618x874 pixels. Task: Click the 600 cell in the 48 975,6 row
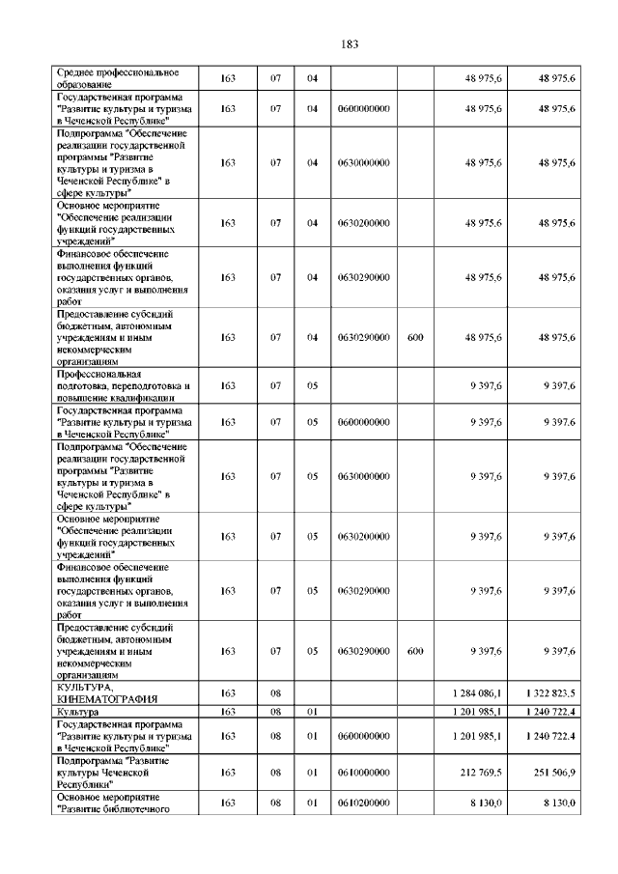point(415,337)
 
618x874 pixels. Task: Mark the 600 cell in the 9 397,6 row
point(415,651)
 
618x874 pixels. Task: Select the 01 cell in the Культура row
point(312,712)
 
